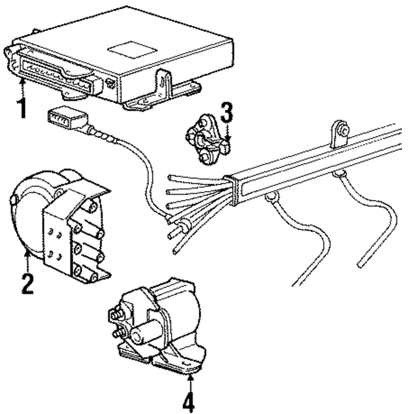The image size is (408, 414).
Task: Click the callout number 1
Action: click(22, 108)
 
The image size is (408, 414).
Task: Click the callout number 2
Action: click(27, 282)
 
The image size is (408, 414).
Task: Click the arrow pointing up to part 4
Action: click(190, 382)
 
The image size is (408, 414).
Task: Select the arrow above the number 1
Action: click(22, 86)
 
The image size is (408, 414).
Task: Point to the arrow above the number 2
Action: click(27, 260)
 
